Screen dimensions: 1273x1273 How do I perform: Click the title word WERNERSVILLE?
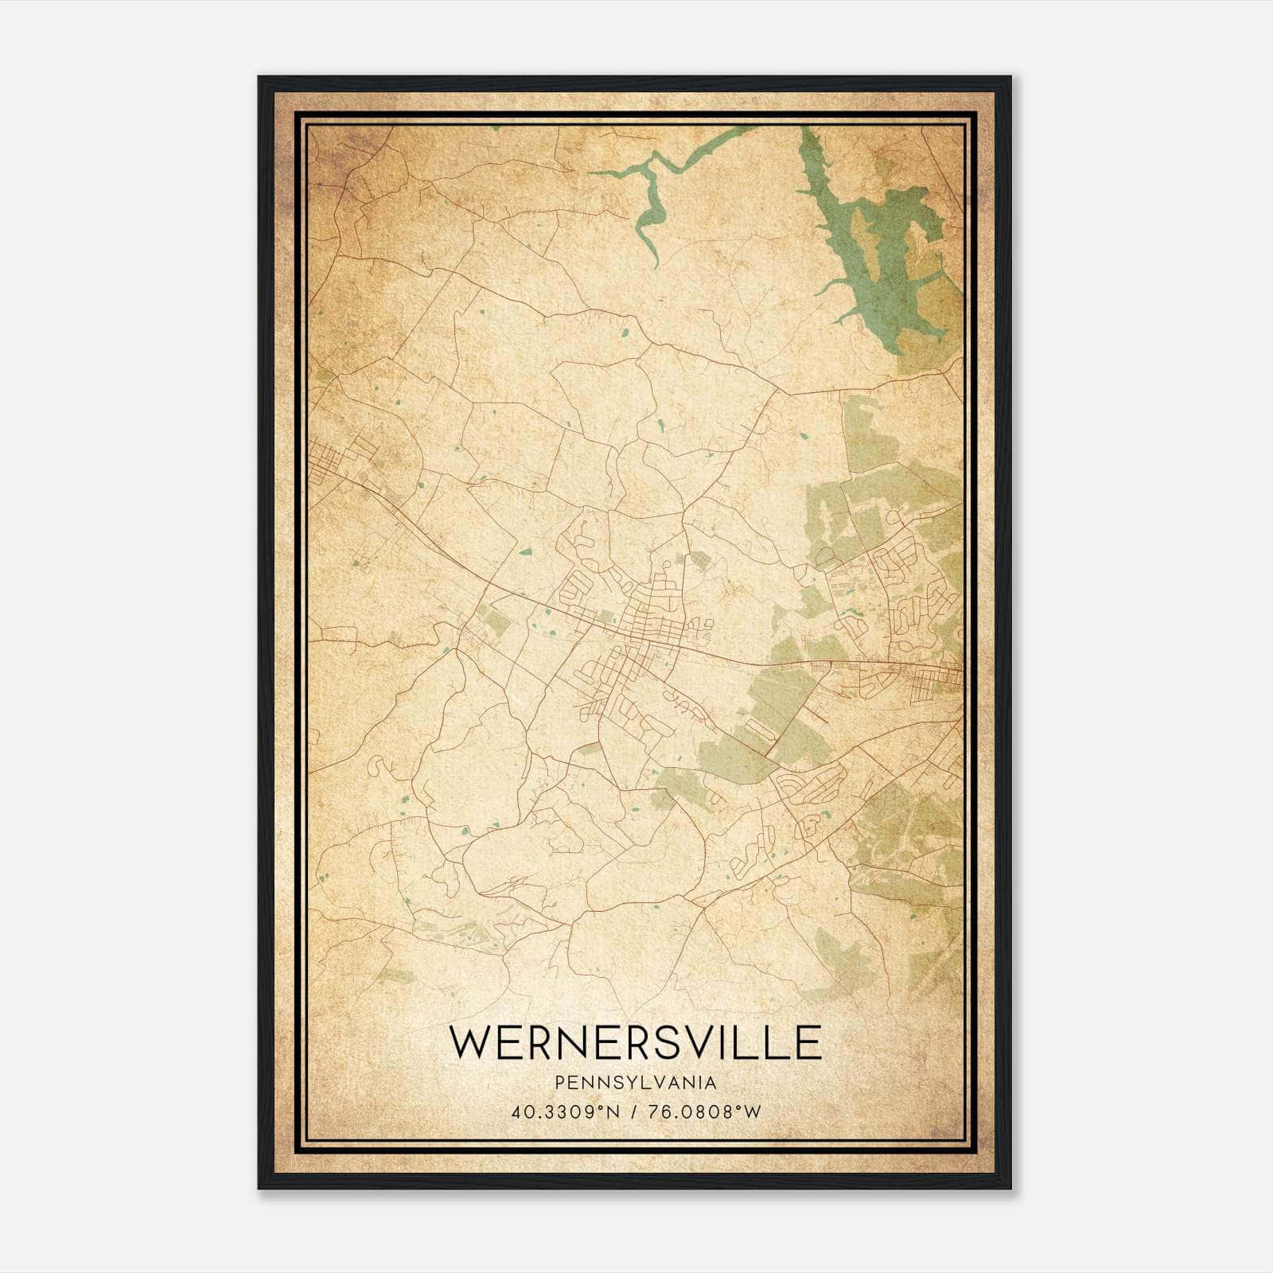(x=635, y=1042)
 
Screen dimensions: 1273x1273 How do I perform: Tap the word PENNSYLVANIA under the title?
(x=635, y=1083)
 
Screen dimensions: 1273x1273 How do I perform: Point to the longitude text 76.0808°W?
(x=705, y=1112)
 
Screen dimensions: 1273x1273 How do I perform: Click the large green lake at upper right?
(x=883, y=263)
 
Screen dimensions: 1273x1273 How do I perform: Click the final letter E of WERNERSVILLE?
(x=808, y=1042)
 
